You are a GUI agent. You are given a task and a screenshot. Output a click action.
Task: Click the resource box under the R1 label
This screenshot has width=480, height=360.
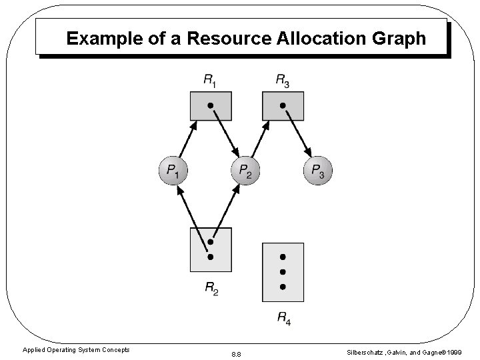pyautogui.click(x=211, y=105)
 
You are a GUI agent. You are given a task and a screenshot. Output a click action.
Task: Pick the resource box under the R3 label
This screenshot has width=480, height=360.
pyautogui.click(x=283, y=105)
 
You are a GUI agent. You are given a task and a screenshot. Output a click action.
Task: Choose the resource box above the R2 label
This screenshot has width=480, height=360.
pyautogui.click(x=211, y=249)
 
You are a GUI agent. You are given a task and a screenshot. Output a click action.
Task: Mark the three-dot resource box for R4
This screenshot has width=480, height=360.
pyautogui.click(x=283, y=271)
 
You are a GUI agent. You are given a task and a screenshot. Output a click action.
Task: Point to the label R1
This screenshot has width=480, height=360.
pyautogui.click(x=210, y=81)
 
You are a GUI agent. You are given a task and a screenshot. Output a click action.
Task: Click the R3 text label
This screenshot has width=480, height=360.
pyautogui.click(x=283, y=81)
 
